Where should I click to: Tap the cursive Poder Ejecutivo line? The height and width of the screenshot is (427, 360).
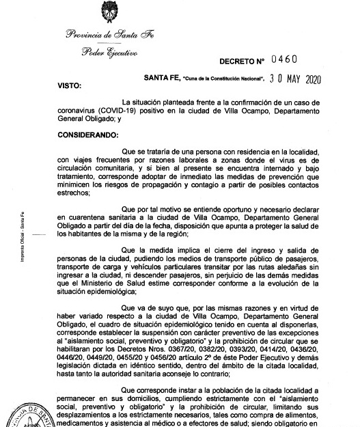tap(109, 53)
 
